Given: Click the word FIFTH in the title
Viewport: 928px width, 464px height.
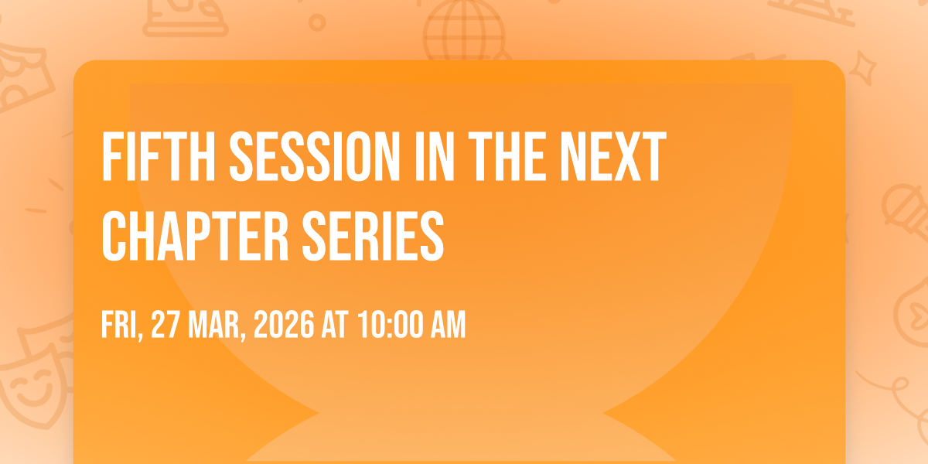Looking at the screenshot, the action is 159,156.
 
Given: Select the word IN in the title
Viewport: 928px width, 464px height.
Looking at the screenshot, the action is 435,156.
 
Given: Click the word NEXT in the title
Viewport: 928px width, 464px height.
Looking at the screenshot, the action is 613,156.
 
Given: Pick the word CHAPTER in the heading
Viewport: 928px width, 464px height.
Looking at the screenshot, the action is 195,236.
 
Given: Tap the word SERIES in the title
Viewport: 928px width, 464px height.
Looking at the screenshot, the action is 374,236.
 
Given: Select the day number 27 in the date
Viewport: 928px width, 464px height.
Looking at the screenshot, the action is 165,325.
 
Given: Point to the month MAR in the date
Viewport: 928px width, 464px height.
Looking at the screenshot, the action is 217,326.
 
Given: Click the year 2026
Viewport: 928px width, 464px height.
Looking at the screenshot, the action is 284,325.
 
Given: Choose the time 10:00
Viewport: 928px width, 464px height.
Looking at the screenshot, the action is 391,325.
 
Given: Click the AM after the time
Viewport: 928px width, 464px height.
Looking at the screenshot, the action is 449,325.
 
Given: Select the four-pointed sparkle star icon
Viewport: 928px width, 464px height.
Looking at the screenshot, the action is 863,68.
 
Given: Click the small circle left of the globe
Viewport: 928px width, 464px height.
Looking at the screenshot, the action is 317,22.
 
